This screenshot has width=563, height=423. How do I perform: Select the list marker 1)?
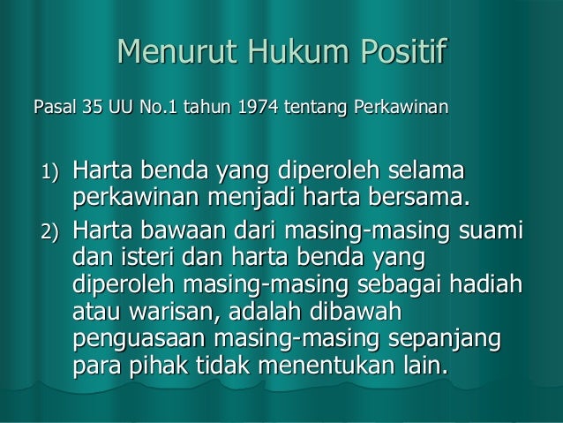[45, 170]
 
